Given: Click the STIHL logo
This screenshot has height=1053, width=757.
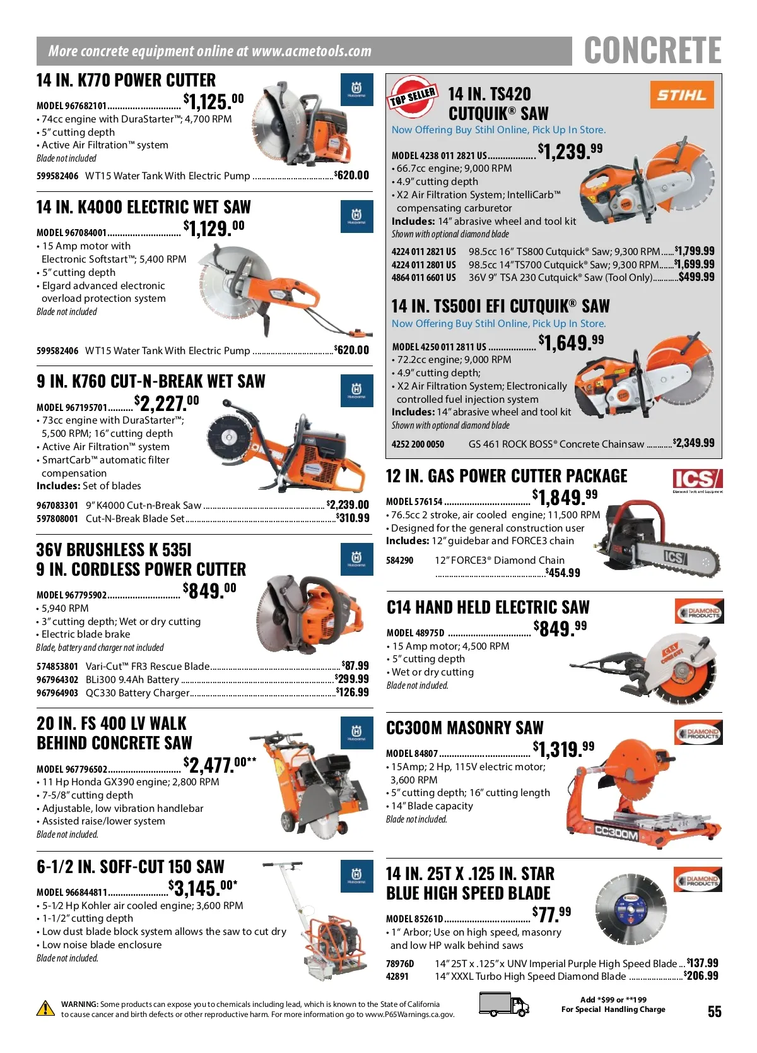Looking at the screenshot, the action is [681, 95].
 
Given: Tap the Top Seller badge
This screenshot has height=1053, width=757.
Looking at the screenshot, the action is [413, 97].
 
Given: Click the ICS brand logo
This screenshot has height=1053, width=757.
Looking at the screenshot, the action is [697, 480].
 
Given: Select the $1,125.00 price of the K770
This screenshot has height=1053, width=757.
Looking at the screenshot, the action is [214, 101].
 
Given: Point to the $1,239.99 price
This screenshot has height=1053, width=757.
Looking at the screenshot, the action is [570, 151].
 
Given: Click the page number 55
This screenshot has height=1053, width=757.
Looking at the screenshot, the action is [714, 1011].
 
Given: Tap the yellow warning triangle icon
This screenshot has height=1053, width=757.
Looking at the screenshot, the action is [45, 1008].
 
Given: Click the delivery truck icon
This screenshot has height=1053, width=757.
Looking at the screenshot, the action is [504, 1004].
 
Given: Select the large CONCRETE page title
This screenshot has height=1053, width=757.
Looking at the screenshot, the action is [653, 50].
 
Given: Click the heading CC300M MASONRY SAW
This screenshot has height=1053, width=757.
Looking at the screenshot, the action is [465, 728].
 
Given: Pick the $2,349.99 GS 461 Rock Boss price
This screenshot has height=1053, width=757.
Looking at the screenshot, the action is [694, 443].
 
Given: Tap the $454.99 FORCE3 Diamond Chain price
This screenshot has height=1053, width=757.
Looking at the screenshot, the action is [563, 573].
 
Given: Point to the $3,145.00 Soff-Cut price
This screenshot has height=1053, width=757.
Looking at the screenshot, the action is [203, 888].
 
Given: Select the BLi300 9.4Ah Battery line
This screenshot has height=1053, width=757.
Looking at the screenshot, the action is [202, 679].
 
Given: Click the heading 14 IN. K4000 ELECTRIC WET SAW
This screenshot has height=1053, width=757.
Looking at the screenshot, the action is [144, 207].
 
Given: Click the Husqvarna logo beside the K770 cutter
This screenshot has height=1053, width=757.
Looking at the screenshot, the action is [356, 89].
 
